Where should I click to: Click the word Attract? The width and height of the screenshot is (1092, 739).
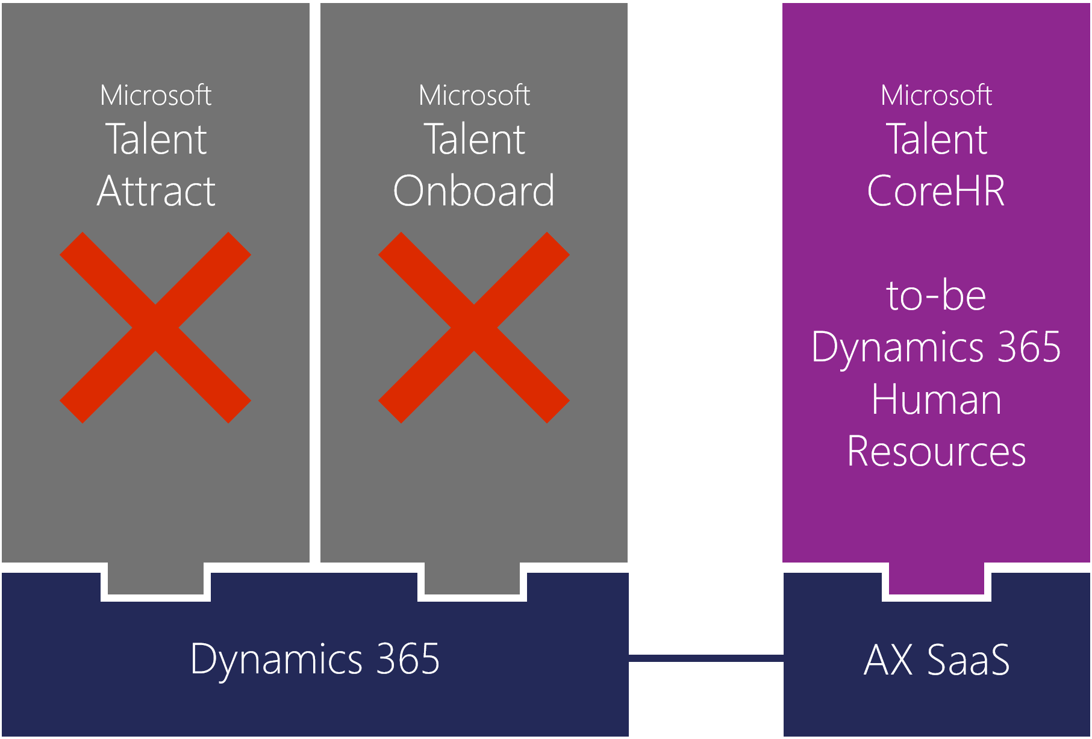click(x=156, y=191)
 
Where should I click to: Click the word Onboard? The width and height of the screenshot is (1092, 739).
click(x=474, y=191)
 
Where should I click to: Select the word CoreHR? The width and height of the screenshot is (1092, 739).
click(x=936, y=191)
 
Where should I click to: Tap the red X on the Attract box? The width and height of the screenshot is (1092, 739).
click(x=155, y=328)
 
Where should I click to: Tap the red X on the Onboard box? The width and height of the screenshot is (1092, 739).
click(x=474, y=328)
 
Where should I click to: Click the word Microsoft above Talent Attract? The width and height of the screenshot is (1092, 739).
click(x=156, y=95)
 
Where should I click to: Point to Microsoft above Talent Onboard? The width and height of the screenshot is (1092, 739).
click(x=475, y=95)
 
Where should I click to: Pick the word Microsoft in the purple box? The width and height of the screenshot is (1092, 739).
click(x=937, y=95)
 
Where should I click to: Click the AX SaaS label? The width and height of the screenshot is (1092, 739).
click(x=937, y=659)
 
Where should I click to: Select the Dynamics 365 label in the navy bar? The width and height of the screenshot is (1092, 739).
click(x=315, y=659)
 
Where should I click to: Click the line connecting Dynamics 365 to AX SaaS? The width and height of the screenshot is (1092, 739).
click(x=706, y=658)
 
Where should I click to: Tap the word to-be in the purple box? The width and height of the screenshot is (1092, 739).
click(x=937, y=296)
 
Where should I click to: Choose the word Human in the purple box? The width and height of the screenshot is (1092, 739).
click(x=937, y=399)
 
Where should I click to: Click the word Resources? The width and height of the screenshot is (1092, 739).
click(x=937, y=452)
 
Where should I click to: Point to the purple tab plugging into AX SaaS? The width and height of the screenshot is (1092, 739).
click(x=937, y=578)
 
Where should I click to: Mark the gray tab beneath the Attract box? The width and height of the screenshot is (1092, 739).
click(x=156, y=578)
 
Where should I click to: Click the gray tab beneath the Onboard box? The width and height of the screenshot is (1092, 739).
click(x=472, y=578)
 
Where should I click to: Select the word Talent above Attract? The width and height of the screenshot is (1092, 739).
click(x=156, y=139)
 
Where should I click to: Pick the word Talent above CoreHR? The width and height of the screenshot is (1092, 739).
click(x=937, y=139)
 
